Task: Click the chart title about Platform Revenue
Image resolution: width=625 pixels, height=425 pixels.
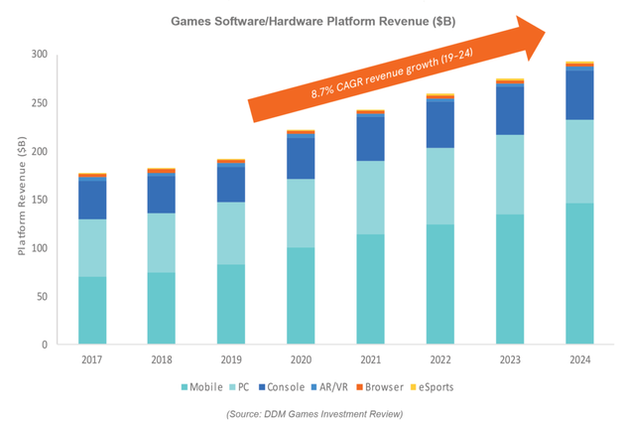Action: click(314, 19)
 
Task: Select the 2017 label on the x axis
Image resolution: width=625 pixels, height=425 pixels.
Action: click(92, 360)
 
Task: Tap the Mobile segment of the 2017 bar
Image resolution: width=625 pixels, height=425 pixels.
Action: click(92, 311)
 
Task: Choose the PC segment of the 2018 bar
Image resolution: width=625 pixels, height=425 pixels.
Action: click(161, 242)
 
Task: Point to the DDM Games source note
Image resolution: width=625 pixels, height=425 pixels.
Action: click(312, 411)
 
